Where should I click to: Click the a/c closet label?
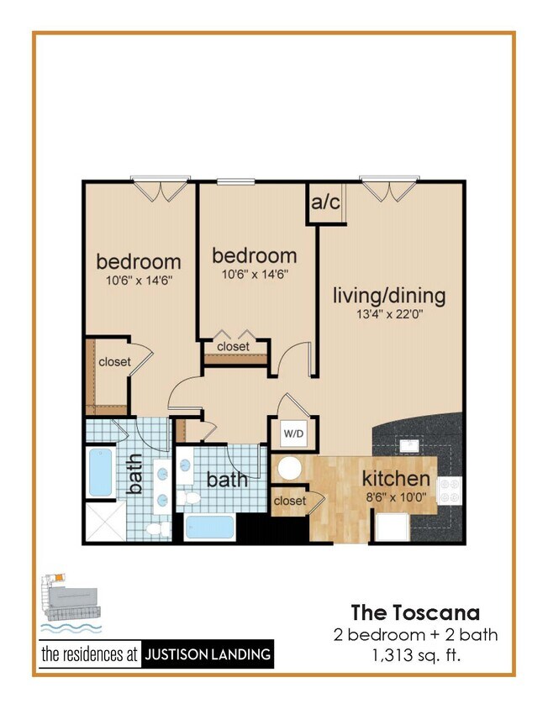click(325, 202)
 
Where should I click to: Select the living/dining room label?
click(389, 296)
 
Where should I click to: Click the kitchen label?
click(396, 479)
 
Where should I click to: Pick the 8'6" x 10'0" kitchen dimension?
click(396, 496)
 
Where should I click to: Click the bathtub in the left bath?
click(100, 473)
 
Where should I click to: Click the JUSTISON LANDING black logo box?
click(208, 654)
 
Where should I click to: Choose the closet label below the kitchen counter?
click(289, 502)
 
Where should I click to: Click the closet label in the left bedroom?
click(115, 362)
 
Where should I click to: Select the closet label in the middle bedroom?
click(233, 346)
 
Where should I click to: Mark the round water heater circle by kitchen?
click(291, 469)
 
